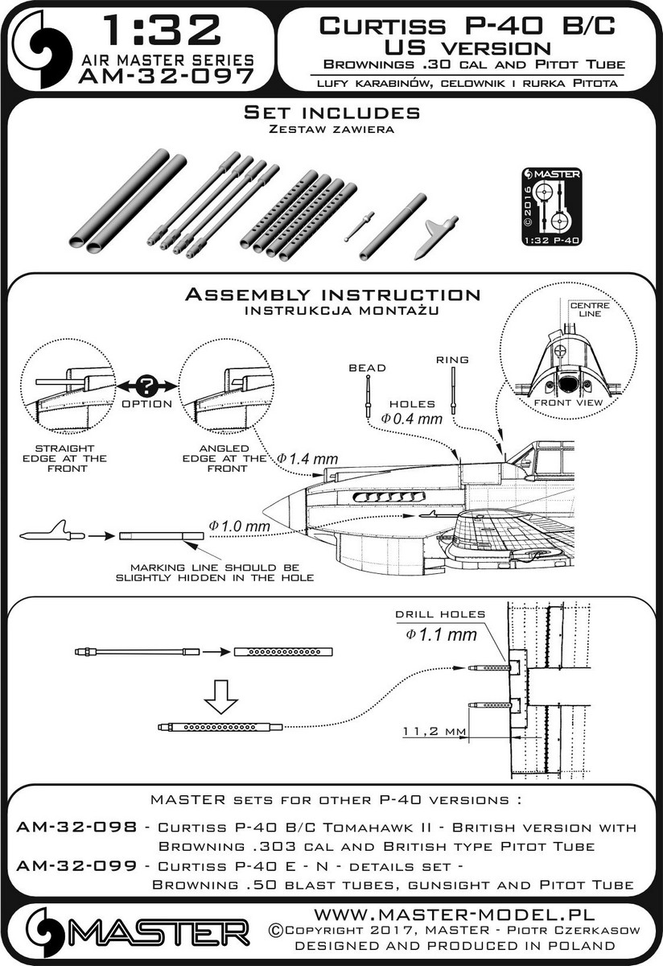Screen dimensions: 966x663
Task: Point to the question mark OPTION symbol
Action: tap(148, 386)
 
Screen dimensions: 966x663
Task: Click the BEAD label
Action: tap(367, 368)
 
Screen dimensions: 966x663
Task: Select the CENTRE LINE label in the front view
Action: tap(587, 310)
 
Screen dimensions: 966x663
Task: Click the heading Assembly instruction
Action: tap(332, 295)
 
